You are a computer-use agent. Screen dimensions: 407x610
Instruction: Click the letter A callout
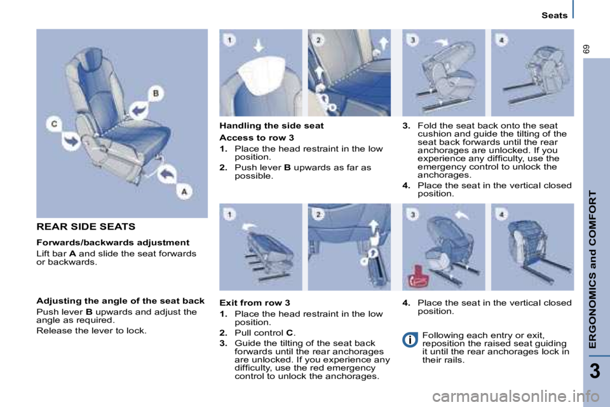(x=184, y=190)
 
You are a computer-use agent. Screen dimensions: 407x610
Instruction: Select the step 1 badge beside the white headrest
(x=229, y=40)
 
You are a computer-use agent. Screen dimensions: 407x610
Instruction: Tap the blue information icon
(x=410, y=339)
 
